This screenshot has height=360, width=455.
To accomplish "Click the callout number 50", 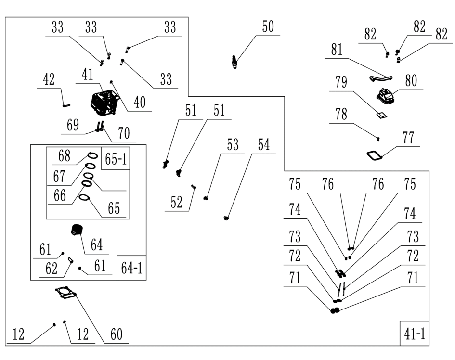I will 268,27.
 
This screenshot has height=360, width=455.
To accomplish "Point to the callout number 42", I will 50,80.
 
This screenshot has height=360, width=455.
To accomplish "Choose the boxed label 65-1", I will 116,159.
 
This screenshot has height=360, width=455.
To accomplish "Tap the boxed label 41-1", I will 415,334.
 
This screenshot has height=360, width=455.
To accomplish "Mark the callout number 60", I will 117,334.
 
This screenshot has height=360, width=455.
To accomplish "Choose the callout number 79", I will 341,82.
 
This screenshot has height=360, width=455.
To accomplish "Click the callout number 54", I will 264,145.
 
